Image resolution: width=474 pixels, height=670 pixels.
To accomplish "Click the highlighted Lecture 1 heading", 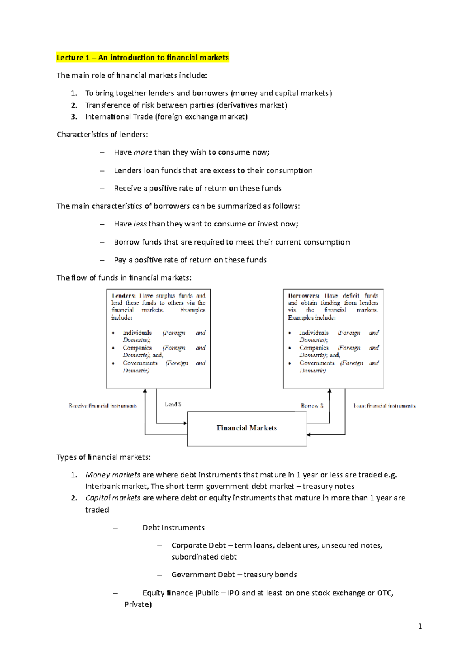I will coord(143,58).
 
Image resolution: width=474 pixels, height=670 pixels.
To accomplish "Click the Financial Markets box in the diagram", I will coord(246,428).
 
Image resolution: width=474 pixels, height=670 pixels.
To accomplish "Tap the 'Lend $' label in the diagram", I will coord(173,404).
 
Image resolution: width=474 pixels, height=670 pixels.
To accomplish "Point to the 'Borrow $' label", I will coord(312,406).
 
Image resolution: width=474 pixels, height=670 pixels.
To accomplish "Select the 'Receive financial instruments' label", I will coord(103,406).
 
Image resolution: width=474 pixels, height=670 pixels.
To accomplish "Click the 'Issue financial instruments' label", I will coord(384,406).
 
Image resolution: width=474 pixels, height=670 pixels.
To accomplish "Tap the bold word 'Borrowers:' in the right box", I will coord(303,296).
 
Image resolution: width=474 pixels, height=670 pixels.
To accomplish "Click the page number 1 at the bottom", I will coord(420,626).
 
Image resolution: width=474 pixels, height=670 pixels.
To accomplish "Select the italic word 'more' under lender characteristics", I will coord(143,152).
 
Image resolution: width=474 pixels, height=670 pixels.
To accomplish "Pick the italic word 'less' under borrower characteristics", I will coord(140,224).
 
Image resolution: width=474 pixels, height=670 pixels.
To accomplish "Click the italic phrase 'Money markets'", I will coord(113,475).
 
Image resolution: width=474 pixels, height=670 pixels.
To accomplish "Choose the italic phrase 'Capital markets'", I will coord(113,498).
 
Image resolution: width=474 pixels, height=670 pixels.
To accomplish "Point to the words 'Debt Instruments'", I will coord(173,528).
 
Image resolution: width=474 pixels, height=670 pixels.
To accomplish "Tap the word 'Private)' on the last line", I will coord(138,604).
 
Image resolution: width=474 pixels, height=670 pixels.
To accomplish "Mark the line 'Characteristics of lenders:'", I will coord(102,135).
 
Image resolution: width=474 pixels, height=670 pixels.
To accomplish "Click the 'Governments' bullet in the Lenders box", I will coord(140,363).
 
